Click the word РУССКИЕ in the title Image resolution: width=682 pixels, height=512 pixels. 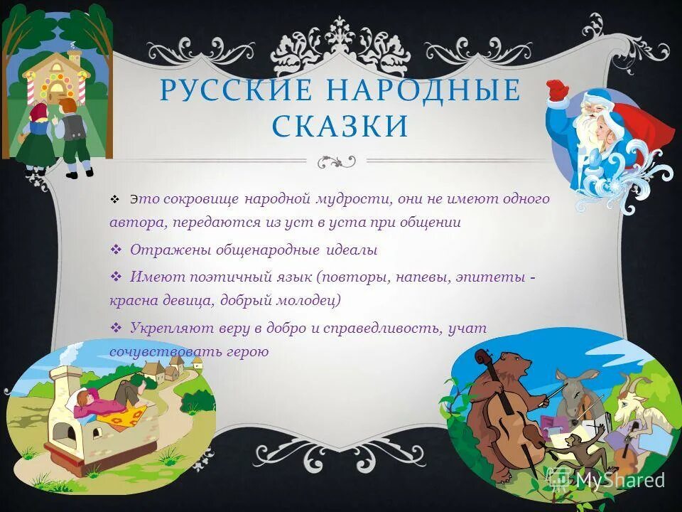[x=225, y=92]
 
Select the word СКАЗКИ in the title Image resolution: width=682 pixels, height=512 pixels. [x=340, y=127]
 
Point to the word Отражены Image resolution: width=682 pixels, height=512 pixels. [x=160, y=250]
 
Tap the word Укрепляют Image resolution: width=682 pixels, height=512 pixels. [x=166, y=328]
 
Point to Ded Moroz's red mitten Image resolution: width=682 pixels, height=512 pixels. [x=558, y=90]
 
